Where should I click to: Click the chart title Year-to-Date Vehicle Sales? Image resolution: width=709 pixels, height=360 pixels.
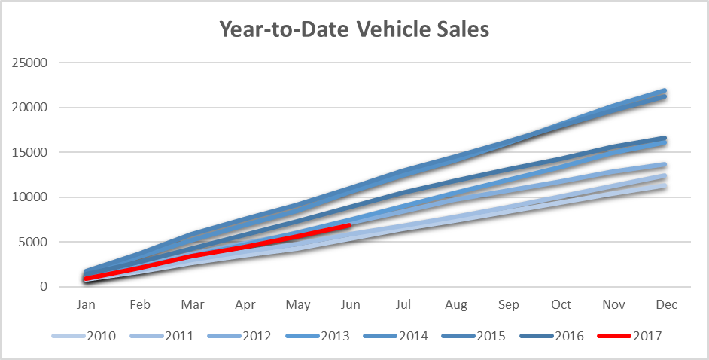(x=354, y=29)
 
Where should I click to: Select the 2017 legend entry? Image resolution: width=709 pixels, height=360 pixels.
(x=630, y=336)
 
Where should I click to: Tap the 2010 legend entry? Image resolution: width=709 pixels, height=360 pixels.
(x=84, y=336)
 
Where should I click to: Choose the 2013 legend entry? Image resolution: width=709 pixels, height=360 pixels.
(x=318, y=336)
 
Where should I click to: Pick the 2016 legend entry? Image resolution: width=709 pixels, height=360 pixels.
(x=552, y=336)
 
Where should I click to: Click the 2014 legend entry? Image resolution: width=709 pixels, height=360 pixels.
(x=396, y=336)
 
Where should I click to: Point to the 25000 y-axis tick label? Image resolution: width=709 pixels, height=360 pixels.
(x=29, y=63)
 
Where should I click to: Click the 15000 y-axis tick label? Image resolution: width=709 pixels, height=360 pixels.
(x=29, y=152)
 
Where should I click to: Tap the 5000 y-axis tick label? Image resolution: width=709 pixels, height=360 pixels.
(x=33, y=242)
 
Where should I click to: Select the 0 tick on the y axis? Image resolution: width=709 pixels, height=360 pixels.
(x=44, y=286)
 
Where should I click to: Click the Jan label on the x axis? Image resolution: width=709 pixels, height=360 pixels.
(x=86, y=304)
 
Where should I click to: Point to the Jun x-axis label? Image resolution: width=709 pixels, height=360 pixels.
(x=351, y=304)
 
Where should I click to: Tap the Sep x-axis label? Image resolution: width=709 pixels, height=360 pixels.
(x=509, y=304)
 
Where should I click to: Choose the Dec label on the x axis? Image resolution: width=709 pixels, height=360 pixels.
(x=667, y=304)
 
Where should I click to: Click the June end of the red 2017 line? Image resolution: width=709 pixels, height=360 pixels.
(x=348, y=224)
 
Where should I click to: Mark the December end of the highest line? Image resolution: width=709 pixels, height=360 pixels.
(x=664, y=91)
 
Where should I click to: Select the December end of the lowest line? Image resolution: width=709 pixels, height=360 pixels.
(x=664, y=186)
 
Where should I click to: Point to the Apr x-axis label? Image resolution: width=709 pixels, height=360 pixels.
(x=245, y=305)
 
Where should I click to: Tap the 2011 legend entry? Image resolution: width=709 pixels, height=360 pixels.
(x=161, y=336)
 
